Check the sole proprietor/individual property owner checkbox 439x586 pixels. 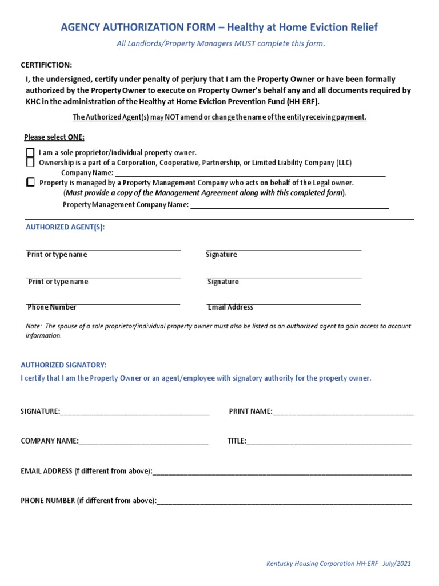point(30,153)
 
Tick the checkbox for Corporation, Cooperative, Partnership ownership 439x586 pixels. point(30,163)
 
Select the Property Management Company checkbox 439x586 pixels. point(30,183)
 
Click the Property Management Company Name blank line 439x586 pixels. point(289,205)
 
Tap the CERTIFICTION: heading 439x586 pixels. point(46,65)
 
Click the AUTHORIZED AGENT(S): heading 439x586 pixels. point(66,227)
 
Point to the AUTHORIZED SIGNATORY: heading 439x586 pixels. point(63,365)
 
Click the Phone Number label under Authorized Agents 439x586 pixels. point(52,307)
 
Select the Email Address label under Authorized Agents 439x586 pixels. point(230,307)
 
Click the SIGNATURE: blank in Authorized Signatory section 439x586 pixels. point(135,411)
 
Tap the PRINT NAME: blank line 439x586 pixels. point(343,411)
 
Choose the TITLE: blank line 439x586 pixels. point(329,441)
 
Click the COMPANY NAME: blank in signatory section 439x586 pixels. point(143,441)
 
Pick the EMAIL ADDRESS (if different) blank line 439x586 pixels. point(282,472)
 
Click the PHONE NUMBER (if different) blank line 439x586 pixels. point(284,501)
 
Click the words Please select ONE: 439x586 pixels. point(54,137)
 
